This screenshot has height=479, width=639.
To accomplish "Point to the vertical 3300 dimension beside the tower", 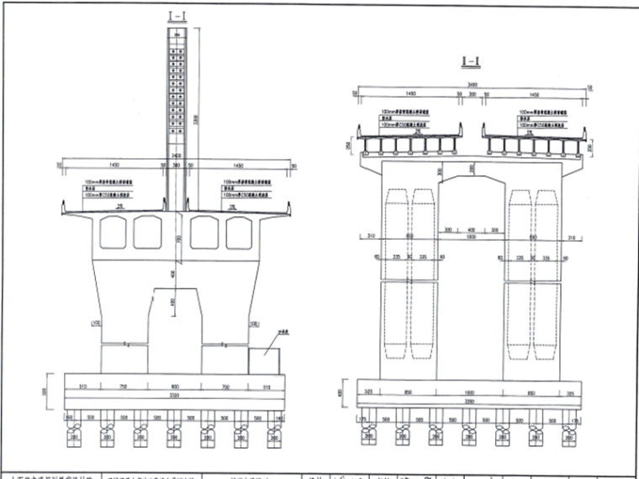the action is tap(196, 118).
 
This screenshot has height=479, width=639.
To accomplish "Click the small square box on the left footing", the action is tap(268, 360).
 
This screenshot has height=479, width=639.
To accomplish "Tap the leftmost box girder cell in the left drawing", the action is tap(114, 231).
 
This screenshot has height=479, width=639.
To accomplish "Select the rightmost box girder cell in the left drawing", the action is tap(240, 231).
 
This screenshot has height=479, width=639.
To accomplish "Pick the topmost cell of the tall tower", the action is tap(177, 34).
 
